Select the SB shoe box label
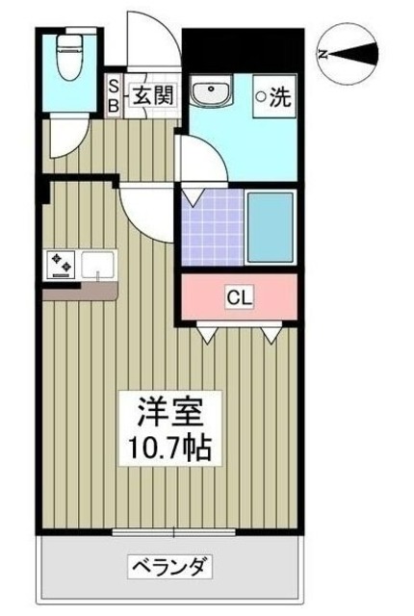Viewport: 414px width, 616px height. coord(113,96)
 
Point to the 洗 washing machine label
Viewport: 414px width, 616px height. coord(278,96)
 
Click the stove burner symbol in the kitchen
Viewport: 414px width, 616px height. coord(59,264)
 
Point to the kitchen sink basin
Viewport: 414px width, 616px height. coord(97,264)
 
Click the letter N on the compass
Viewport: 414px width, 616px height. coord(325,54)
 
